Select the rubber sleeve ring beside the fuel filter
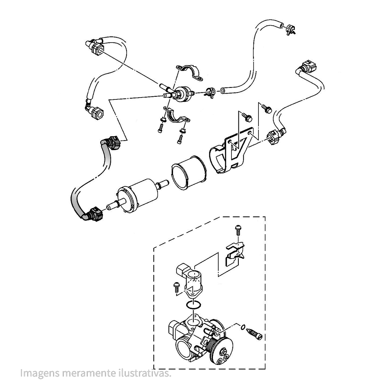pos(189,173)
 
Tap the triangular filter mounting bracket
pos(231,150)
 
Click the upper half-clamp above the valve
pos(189,73)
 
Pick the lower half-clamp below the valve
pos(177,116)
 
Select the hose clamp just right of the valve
pos(210,92)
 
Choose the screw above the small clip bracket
pos(238,229)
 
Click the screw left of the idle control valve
pos(176,287)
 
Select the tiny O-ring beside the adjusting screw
pos(243,327)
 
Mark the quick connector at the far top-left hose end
pos(94,47)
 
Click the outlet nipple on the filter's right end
pos(163,184)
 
